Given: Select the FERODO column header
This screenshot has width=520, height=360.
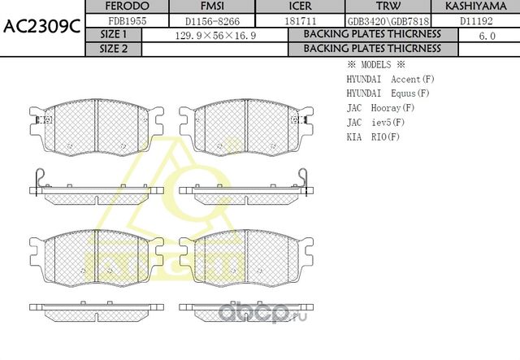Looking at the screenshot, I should coord(128,7).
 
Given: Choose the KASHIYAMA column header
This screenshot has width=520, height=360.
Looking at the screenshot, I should coord(474,7).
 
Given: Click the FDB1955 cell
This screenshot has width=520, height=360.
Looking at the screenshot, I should coord(128,20).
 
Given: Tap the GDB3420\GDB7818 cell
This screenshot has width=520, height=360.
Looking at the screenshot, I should coord(384,21).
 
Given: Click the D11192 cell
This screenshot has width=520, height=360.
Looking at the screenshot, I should coord(474,20).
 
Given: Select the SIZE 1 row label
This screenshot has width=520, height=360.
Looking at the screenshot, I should coord(114,35).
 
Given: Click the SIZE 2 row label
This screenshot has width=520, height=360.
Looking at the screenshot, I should coord(114,49).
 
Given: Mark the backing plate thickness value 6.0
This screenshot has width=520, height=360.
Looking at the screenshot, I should coord(487,35).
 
